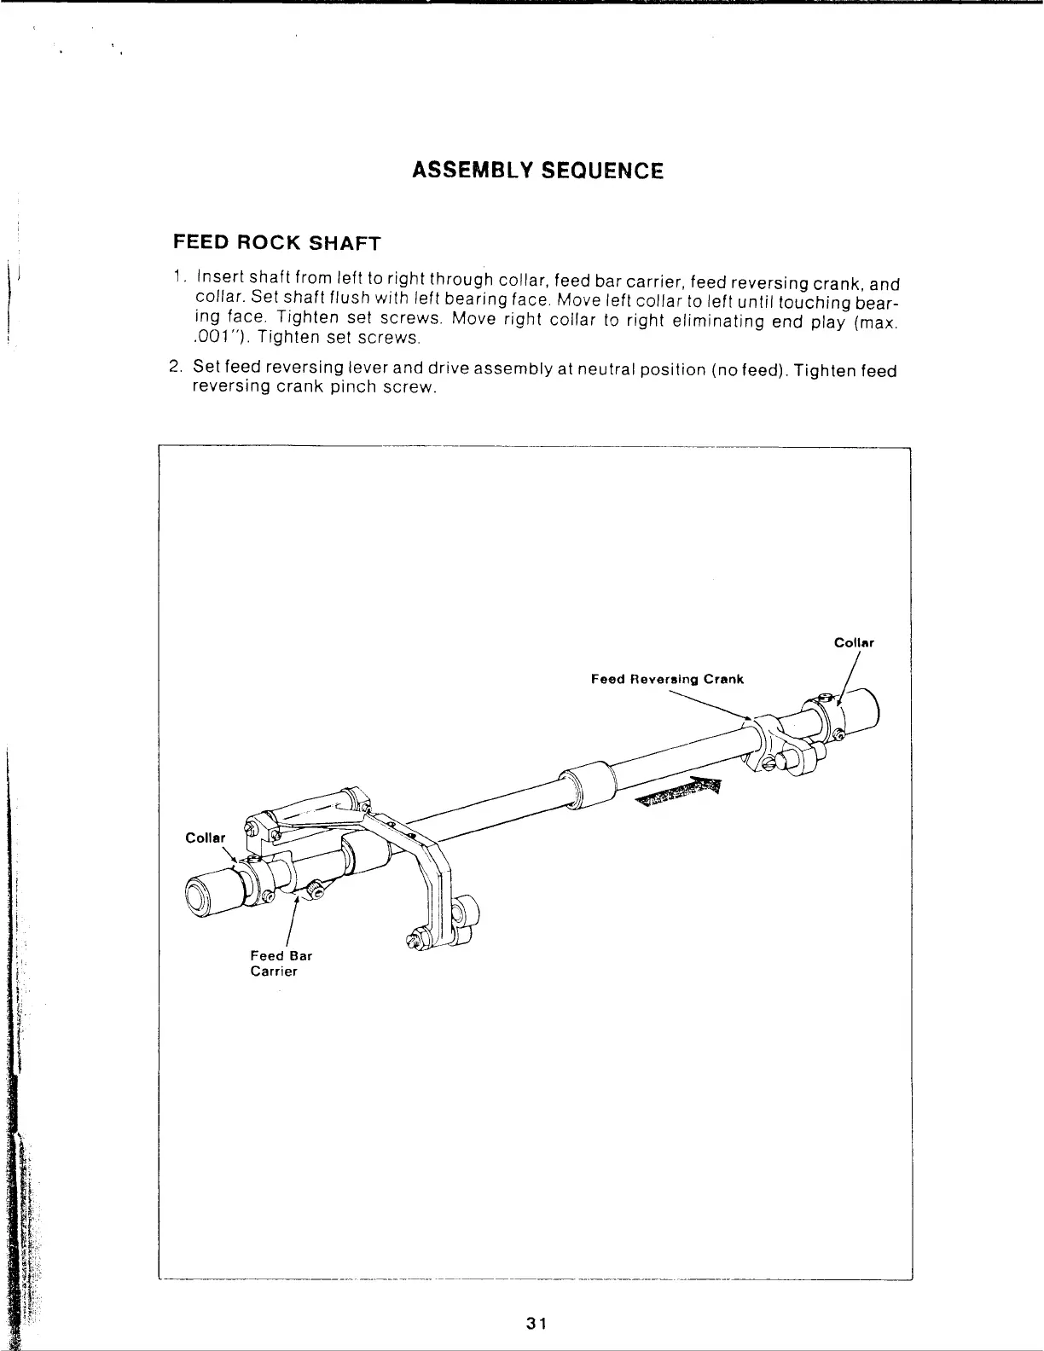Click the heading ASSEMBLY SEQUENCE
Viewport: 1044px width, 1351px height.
(x=536, y=171)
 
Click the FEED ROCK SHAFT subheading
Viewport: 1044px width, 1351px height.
(x=276, y=242)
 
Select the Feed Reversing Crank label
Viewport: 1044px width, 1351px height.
(x=667, y=679)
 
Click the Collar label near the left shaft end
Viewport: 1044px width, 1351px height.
(x=205, y=838)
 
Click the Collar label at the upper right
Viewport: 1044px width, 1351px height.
(x=854, y=643)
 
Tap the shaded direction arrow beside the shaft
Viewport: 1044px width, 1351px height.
(x=681, y=792)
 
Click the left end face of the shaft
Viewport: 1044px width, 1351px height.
(x=198, y=896)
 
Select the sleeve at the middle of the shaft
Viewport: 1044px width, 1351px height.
(x=586, y=784)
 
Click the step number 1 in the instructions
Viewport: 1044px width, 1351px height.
(x=177, y=279)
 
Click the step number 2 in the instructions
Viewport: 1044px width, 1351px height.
(x=175, y=368)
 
